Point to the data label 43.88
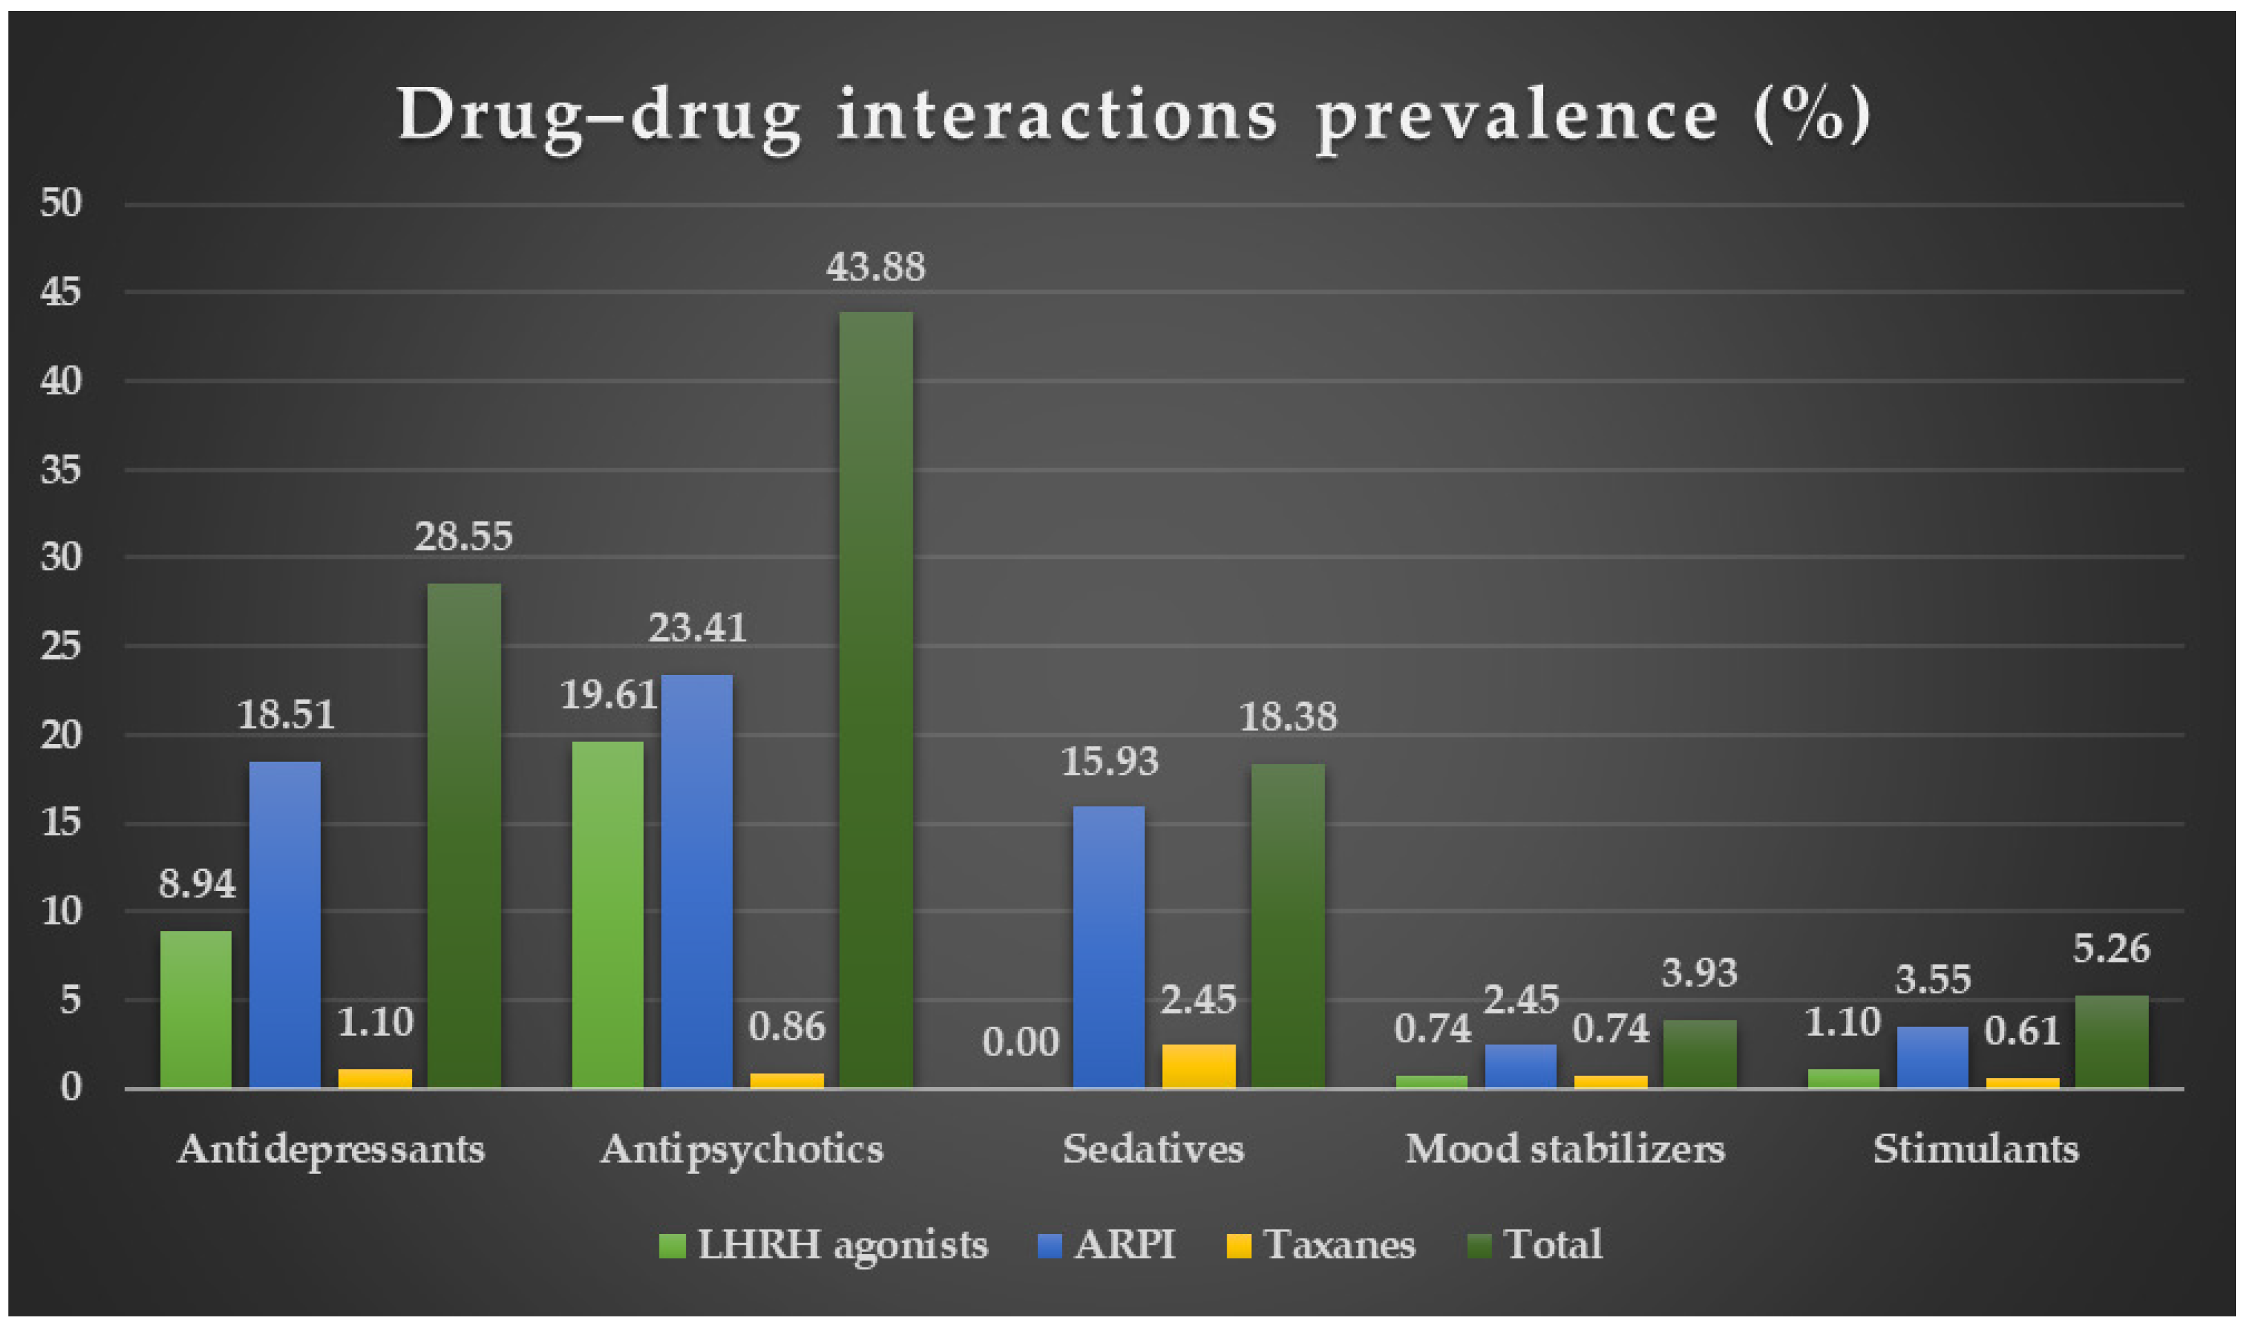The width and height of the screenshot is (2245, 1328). pyautogui.click(x=875, y=268)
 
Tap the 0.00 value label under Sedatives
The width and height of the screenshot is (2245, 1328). pyautogui.click(x=1020, y=1042)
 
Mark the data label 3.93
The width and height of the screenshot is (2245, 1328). pyautogui.click(x=1699, y=973)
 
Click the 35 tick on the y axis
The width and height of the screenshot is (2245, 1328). pyautogui.click(x=61, y=470)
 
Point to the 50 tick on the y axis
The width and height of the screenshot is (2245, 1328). pyautogui.click(x=61, y=203)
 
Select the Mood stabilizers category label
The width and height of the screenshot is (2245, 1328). pyautogui.click(x=1565, y=1149)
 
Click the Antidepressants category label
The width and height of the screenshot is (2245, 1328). pyautogui.click(x=331, y=1149)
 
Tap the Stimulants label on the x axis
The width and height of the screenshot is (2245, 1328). pyautogui.click(x=1976, y=1149)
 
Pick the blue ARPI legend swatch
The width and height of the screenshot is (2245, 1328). pyautogui.click(x=1049, y=1245)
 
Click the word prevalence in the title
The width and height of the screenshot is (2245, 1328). pyautogui.click(x=1517, y=116)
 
